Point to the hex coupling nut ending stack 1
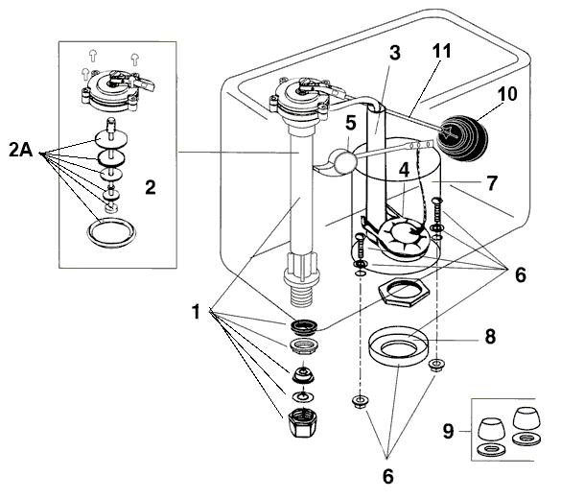[x=303, y=419]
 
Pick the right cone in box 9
[x=526, y=418]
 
